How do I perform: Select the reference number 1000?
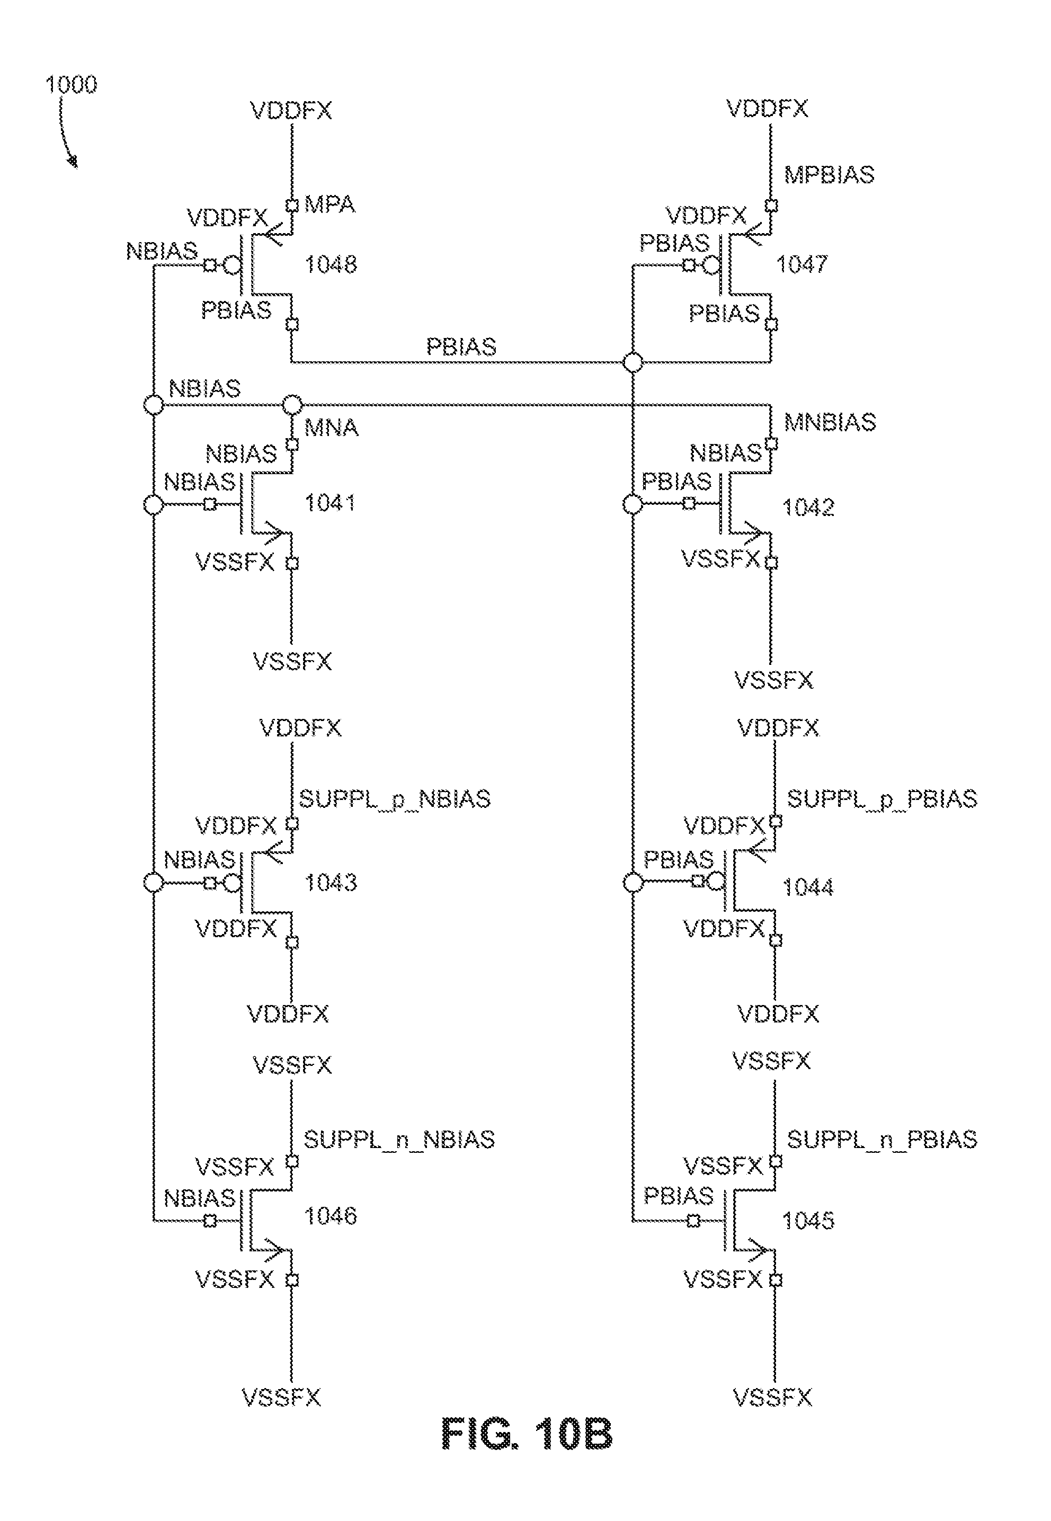(71, 84)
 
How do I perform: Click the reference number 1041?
(330, 503)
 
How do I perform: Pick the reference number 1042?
(808, 507)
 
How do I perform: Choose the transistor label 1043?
(331, 882)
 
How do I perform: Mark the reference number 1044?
(808, 887)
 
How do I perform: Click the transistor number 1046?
(331, 1215)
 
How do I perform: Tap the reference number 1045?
(808, 1220)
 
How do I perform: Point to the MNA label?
(331, 428)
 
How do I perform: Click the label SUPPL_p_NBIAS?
(395, 799)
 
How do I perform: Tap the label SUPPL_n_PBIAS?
(883, 1139)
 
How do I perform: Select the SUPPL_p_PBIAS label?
(883, 799)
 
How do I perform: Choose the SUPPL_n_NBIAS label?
(399, 1139)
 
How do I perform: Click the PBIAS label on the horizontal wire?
(461, 346)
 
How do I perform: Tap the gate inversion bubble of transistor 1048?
(232, 265)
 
